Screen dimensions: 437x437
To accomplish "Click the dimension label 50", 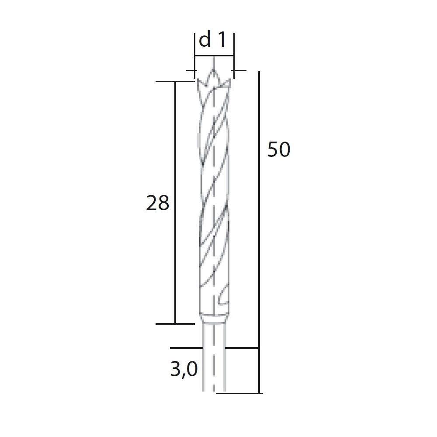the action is (279, 149).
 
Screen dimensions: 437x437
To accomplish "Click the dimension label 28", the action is (158, 203).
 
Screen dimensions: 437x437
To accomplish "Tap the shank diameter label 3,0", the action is (184, 370).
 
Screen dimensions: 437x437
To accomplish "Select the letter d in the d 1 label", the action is (205, 40).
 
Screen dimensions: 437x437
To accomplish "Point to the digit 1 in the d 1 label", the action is (222, 40).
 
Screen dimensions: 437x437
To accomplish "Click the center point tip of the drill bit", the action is (214, 69).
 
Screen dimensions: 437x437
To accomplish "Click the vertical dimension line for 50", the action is (259, 232).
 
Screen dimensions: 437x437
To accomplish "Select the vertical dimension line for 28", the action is (175, 203).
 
